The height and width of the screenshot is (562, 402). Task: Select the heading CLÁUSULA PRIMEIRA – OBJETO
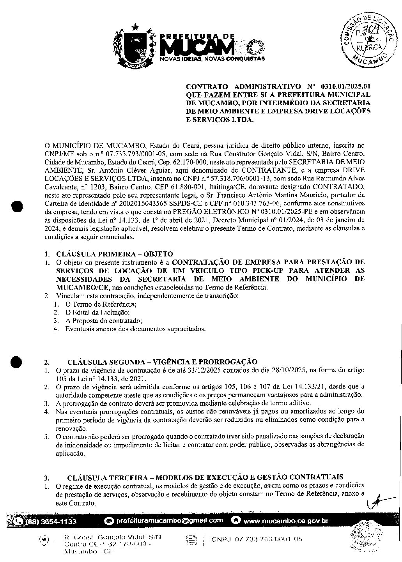pyautogui.click(x=115, y=254)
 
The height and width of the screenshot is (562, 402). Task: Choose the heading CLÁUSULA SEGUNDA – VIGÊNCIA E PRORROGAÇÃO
pyautogui.click(x=162, y=362)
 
